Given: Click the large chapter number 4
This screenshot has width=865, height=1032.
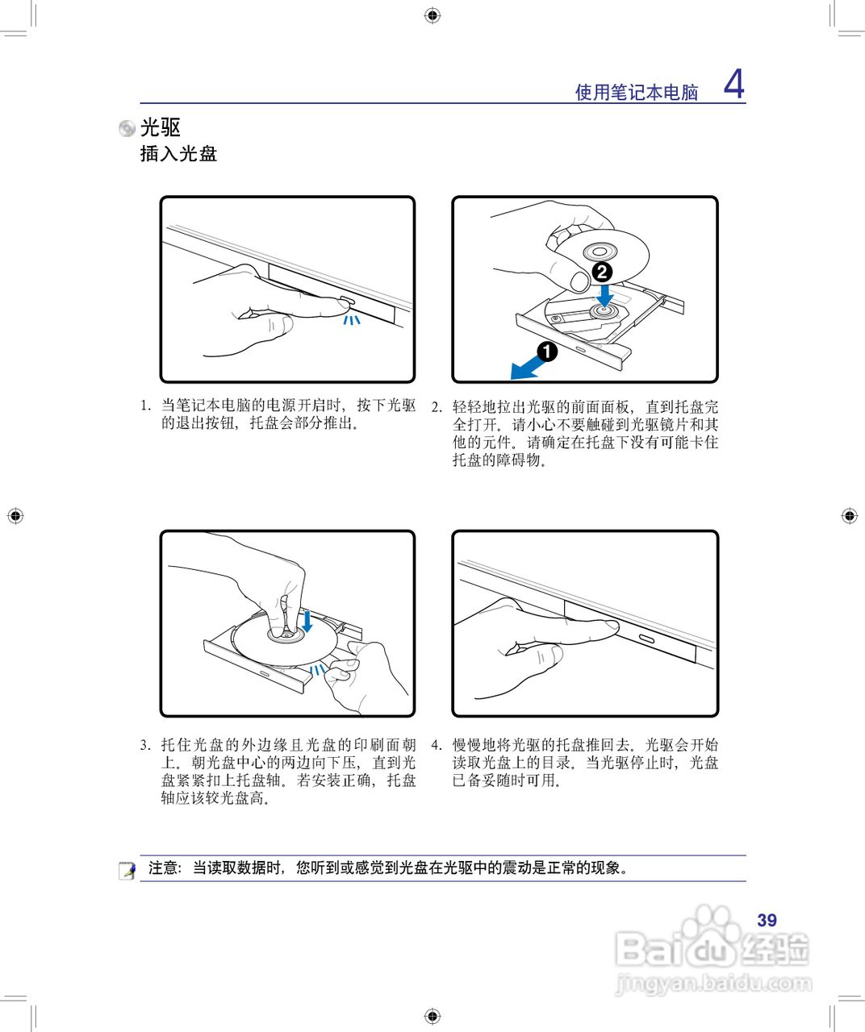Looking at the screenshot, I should point(733,84).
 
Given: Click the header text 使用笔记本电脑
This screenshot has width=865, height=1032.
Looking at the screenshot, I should point(636,93).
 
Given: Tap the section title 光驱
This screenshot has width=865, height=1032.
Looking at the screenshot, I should point(161,127).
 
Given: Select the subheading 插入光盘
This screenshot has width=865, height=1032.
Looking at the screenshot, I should point(178,154).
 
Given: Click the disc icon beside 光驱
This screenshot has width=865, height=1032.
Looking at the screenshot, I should point(127,128).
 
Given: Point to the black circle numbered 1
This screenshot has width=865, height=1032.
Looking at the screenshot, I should point(547,352).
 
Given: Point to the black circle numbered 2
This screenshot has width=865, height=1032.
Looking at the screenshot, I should point(602,272).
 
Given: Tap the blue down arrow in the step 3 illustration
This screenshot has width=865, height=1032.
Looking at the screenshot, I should point(307,621).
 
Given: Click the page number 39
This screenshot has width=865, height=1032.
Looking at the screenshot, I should point(767,920).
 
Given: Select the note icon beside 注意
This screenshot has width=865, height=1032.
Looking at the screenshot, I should point(127,870).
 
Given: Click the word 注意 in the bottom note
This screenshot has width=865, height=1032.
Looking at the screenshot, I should point(163,868).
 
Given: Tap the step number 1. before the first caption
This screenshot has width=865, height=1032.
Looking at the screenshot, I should point(145,406).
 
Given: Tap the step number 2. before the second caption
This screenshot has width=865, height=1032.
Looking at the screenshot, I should point(437,407).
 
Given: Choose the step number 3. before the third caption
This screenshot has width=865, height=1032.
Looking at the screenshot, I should point(145,745).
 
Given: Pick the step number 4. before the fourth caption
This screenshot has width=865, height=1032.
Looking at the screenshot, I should point(437,745).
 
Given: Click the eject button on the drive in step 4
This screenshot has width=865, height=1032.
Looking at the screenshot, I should point(648,638).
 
